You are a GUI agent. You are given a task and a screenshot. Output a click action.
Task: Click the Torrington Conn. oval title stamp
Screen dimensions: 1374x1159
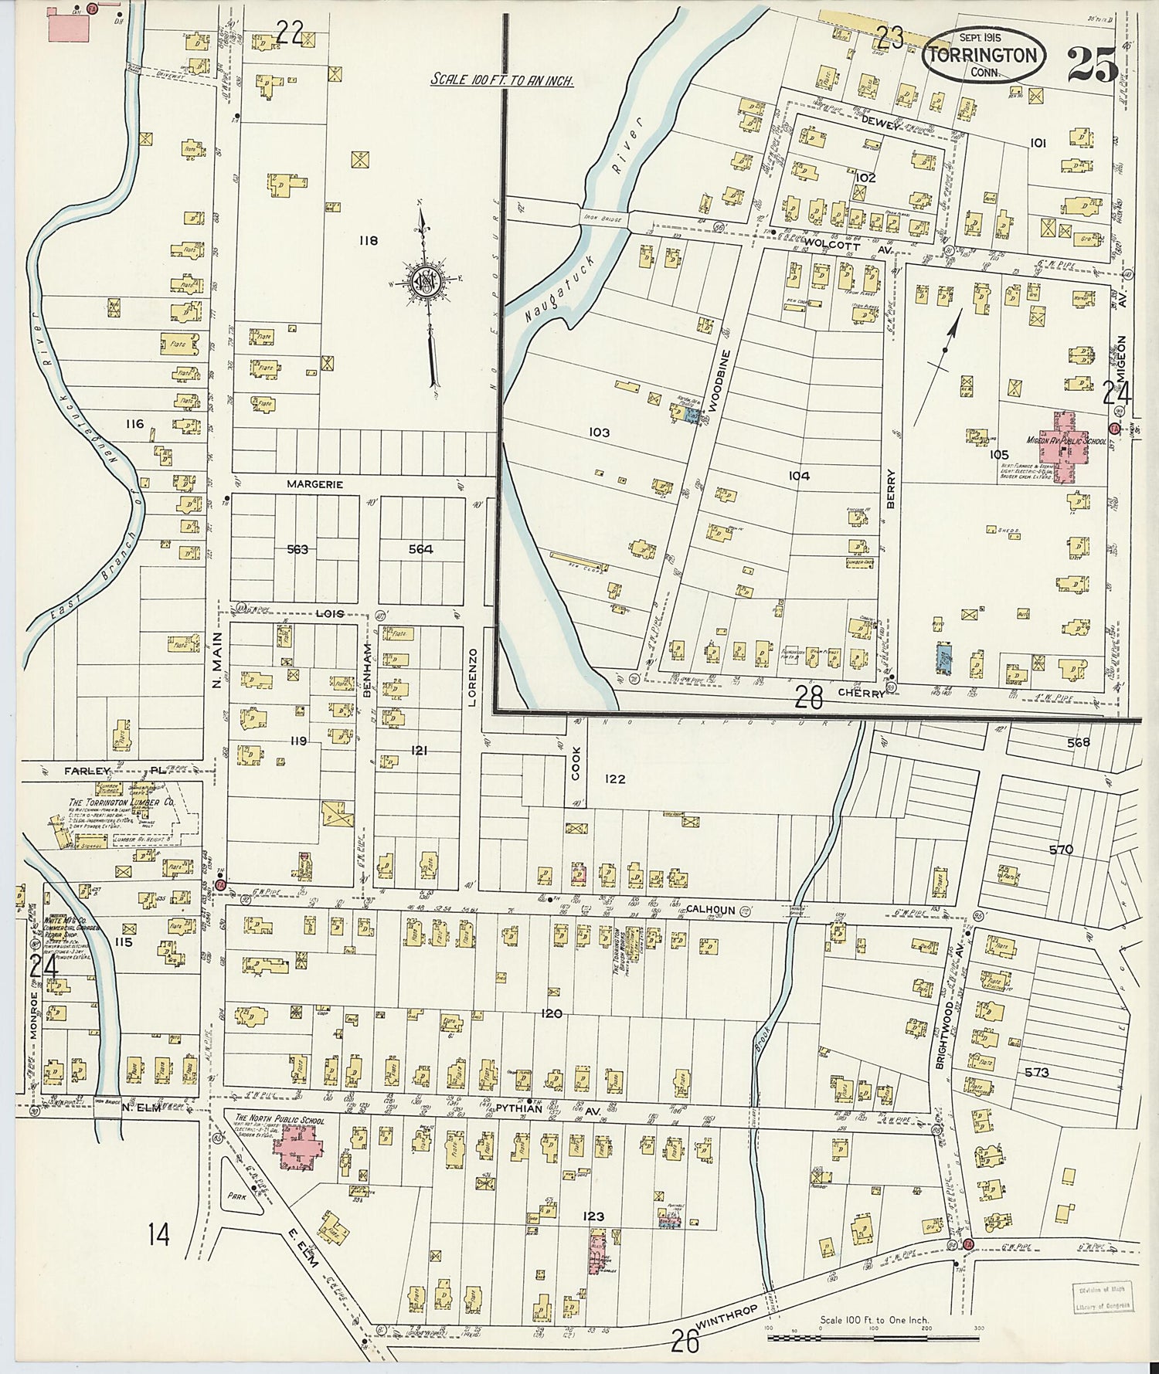click(x=984, y=56)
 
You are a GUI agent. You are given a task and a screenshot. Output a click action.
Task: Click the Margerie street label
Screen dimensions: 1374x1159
click(x=314, y=484)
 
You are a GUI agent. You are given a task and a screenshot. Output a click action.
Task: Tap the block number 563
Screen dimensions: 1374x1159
click(x=297, y=549)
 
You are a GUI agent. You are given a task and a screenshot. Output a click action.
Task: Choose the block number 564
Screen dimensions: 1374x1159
click(x=421, y=549)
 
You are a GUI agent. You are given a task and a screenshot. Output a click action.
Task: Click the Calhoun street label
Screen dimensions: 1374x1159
click(x=712, y=910)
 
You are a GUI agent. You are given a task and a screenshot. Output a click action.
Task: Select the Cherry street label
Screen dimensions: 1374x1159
click(x=865, y=694)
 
